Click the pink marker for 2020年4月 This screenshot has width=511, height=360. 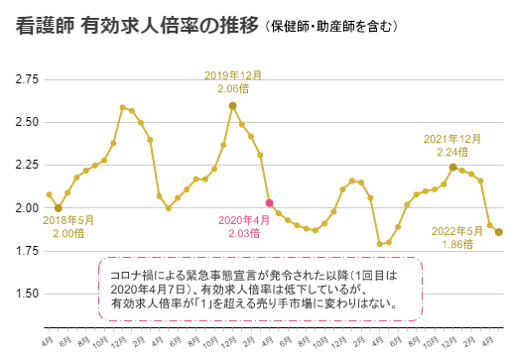[269, 203]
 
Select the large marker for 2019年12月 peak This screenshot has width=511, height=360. [232, 105]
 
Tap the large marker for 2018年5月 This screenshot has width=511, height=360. [59, 208]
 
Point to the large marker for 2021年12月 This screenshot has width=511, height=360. [452, 167]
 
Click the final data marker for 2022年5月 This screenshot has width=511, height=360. [499, 232]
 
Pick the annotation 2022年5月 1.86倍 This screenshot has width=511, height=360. [462, 236]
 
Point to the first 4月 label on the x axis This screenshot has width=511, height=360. [48, 340]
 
